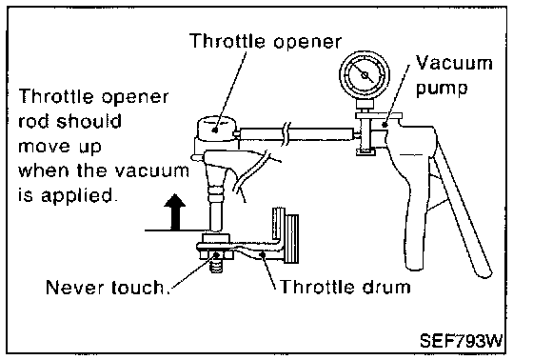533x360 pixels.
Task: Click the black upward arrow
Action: [175, 212]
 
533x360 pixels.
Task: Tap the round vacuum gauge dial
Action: [365, 75]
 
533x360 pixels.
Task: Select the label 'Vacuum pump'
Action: [454, 75]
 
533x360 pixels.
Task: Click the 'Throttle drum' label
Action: [345, 287]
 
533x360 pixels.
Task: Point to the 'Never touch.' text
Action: [109, 288]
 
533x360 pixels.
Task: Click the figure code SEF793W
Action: [462, 340]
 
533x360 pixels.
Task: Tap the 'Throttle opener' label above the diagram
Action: [266, 41]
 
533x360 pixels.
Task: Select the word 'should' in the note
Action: [89, 122]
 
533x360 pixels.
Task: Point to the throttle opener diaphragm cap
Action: [216, 129]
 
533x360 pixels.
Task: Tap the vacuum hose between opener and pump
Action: [296, 133]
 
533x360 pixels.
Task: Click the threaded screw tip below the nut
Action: [216, 266]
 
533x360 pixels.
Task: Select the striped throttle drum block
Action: [291, 238]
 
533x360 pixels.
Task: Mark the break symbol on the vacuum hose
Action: [286, 133]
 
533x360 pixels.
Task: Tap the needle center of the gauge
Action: [365, 75]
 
